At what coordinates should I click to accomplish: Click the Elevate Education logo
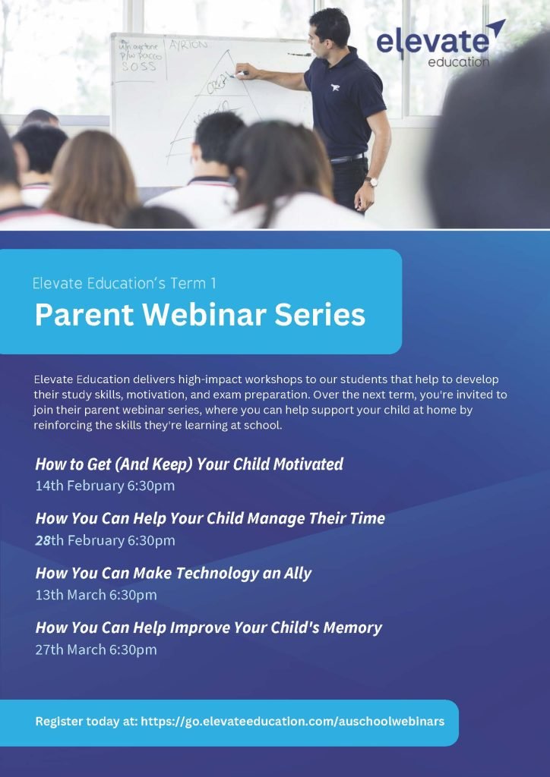(441, 44)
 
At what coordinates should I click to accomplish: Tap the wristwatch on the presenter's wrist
(371, 182)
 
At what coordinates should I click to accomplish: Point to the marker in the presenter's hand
(241, 74)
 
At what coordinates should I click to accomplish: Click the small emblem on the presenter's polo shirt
(335, 88)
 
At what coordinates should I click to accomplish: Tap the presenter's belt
(348, 159)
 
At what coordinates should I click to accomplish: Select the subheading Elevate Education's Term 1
(125, 284)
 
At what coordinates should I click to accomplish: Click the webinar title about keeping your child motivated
(189, 464)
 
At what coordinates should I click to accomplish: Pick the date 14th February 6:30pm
(105, 486)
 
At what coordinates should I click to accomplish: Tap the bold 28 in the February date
(43, 540)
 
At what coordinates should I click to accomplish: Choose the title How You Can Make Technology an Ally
(173, 574)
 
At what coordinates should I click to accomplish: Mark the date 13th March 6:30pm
(96, 595)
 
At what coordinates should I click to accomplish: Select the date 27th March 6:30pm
(96, 650)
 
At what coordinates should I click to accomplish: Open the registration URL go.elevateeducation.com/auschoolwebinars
(292, 722)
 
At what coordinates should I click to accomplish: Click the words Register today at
(87, 722)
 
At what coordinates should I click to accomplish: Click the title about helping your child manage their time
(210, 519)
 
